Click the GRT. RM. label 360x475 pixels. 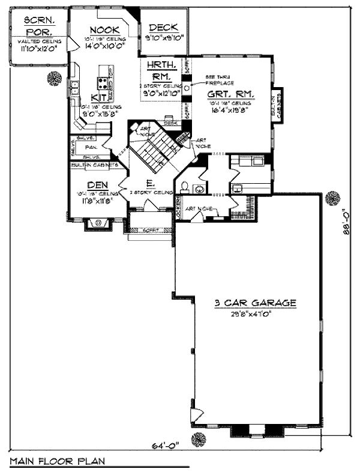coord(230,95)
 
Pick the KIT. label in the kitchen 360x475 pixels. coord(99,97)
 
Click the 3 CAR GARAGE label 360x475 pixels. coord(256,303)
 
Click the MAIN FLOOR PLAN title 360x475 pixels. coord(57,461)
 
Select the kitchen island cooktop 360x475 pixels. coord(103,83)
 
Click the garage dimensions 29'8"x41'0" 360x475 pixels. coord(256,313)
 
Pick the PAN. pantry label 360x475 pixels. coord(92,146)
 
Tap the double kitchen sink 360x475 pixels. coord(74,88)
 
